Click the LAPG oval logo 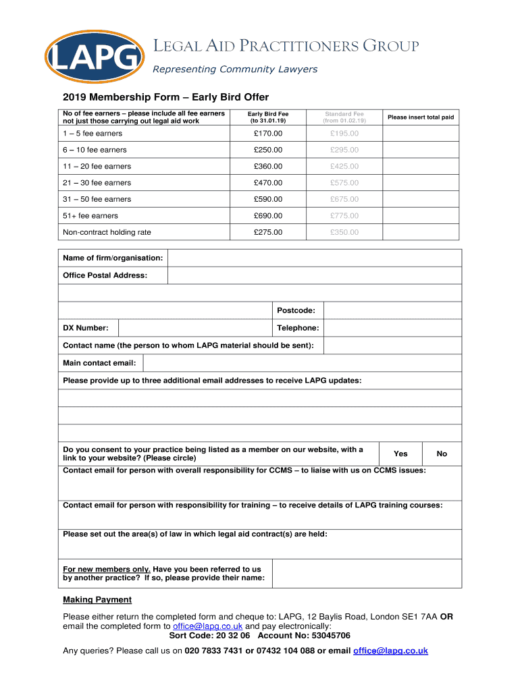pyautogui.click(x=94, y=57)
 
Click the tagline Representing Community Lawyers pyautogui.click(x=234, y=70)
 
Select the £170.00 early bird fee pyautogui.click(x=268, y=134)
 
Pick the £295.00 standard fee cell pyautogui.click(x=344, y=150)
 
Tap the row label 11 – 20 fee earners pyautogui.click(x=97, y=167)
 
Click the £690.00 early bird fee pyautogui.click(x=268, y=216)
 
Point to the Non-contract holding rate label pyautogui.click(x=107, y=232)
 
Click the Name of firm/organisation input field pyautogui.click(x=314, y=258)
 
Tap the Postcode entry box pyautogui.click(x=392, y=310)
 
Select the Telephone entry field pyautogui.click(x=392, y=328)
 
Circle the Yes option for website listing pyautogui.click(x=401, y=454)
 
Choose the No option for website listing pyautogui.click(x=442, y=454)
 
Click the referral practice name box pyautogui.click(x=367, y=573)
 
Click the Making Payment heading pyautogui.click(x=97, y=600)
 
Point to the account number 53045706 pyautogui.click(x=327, y=636)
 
